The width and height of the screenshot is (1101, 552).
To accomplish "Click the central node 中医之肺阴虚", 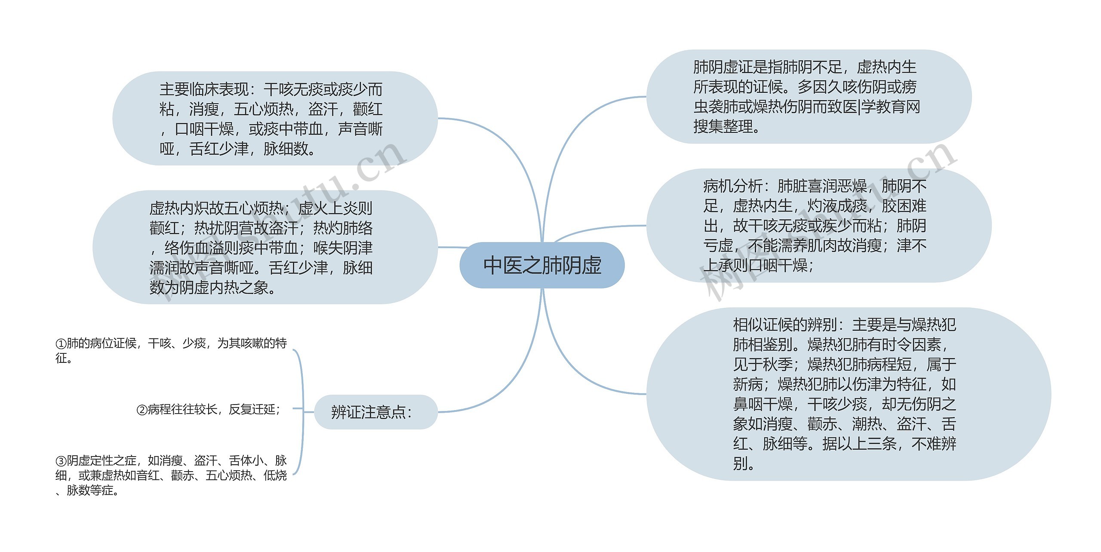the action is coord(542,265).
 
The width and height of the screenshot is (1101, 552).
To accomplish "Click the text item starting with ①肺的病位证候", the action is coord(171,350).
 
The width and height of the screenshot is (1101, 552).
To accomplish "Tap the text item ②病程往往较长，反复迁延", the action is coord(209,409).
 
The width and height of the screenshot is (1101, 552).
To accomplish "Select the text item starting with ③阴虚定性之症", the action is coord(171,475).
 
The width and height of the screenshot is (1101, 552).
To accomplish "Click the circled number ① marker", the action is coord(61,344).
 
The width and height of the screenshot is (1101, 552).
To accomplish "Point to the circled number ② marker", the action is coord(142,410).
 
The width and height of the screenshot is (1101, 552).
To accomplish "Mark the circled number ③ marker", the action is coord(61,461).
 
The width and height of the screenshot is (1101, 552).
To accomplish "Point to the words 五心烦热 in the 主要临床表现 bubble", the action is coord(263,109).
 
